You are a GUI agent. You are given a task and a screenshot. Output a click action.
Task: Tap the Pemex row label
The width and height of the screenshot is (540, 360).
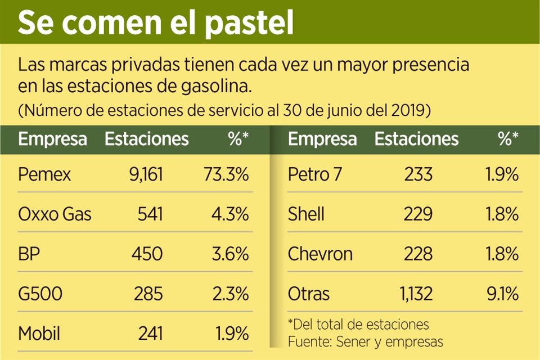[x=44, y=174]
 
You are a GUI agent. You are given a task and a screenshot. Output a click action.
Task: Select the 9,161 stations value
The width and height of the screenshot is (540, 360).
[x=144, y=174]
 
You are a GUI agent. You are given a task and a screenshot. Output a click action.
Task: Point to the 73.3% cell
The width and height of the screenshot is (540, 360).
[x=225, y=174]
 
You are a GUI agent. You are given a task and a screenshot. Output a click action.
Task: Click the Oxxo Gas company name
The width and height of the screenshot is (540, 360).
[x=55, y=214]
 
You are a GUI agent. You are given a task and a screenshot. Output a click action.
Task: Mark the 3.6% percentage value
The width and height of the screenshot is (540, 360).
[x=229, y=254]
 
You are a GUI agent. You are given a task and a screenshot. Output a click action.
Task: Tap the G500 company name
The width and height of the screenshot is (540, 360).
[x=40, y=294]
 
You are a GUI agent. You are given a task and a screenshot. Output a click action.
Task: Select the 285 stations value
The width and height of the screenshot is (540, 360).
[x=148, y=294]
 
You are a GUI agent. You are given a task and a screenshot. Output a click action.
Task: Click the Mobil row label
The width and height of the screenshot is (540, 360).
[x=39, y=334]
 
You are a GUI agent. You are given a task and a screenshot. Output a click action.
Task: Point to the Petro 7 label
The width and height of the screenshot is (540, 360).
[x=314, y=174]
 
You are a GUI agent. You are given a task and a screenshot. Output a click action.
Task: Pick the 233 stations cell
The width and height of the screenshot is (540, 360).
[x=418, y=174]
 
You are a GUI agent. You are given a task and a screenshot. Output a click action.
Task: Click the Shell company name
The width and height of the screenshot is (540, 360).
[x=306, y=214]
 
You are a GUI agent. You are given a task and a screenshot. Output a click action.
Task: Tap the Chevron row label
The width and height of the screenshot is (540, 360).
[x=320, y=254]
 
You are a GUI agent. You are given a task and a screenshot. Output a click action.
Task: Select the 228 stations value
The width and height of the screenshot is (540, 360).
[x=418, y=254]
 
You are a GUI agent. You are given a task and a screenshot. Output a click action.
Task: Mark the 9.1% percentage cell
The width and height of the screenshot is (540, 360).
[x=500, y=294]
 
